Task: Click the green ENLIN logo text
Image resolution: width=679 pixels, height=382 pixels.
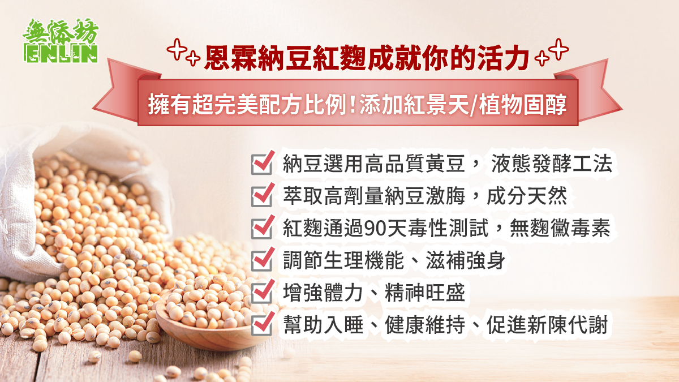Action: [61, 54]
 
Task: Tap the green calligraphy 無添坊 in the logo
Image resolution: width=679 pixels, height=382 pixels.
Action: [61, 32]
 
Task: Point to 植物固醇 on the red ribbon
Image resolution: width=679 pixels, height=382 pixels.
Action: [523, 105]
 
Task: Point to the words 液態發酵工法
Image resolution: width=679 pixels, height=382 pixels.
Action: [551, 164]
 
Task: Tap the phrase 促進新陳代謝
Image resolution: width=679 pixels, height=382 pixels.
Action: [547, 325]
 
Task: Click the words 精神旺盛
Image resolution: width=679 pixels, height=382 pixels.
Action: [425, 293]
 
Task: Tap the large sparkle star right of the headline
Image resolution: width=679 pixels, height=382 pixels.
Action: [558, 49]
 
